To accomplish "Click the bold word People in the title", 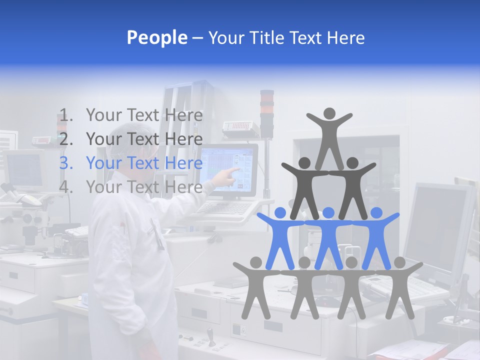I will [x=156, y=37].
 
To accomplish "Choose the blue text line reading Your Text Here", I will [x=144, y=163].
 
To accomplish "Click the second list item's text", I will [x=144, y=139].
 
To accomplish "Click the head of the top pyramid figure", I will [x=329, y=113].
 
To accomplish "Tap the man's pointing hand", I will [x=231, y=173].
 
